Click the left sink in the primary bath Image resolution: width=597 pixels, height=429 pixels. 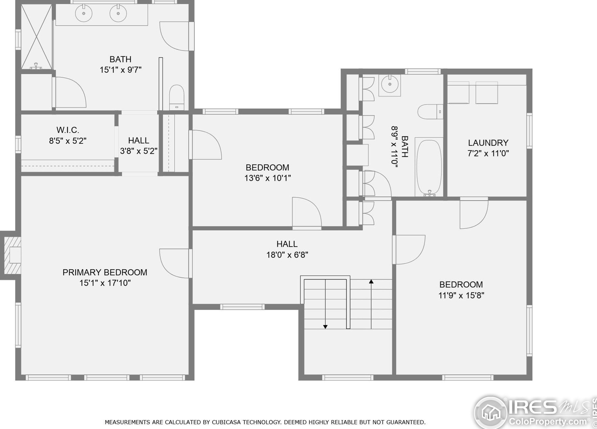coord(84,13)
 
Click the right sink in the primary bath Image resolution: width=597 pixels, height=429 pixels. coord(118,13)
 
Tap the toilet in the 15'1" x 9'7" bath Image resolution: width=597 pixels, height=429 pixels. coord(176,96)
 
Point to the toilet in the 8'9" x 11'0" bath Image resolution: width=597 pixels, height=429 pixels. coord(429,112)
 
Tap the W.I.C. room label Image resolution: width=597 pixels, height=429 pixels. coord(68,130)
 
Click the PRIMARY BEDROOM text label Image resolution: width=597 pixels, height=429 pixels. coord(105,273)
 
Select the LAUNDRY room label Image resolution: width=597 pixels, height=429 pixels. coord(488,143)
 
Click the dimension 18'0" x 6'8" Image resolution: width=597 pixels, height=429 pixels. coord(287,255)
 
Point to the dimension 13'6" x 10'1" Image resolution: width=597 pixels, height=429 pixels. coord(267,178)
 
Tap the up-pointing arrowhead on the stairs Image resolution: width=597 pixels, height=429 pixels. coord(371,282)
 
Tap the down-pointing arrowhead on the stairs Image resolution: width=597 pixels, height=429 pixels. coord(325,327)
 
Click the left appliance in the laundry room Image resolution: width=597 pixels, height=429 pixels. coord(458,93)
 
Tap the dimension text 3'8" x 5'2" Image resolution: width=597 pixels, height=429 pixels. coord(139,151)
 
